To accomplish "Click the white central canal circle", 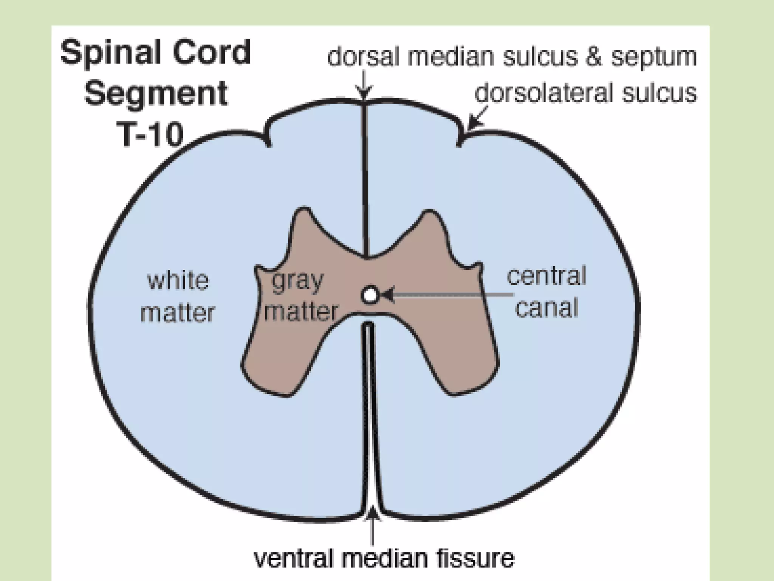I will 369,295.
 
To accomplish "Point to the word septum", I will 654,57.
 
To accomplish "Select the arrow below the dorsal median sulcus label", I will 364,86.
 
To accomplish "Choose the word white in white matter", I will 178,280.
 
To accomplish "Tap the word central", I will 546,276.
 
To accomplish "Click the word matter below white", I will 178,313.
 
